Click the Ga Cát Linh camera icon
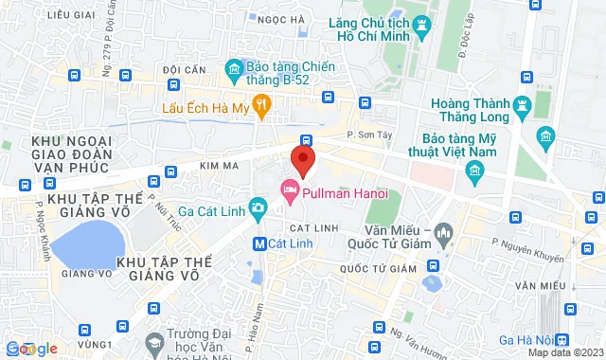[x=257, y=207]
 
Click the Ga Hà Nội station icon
[x=562, y=339]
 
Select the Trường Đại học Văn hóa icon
[x=154, y=339]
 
